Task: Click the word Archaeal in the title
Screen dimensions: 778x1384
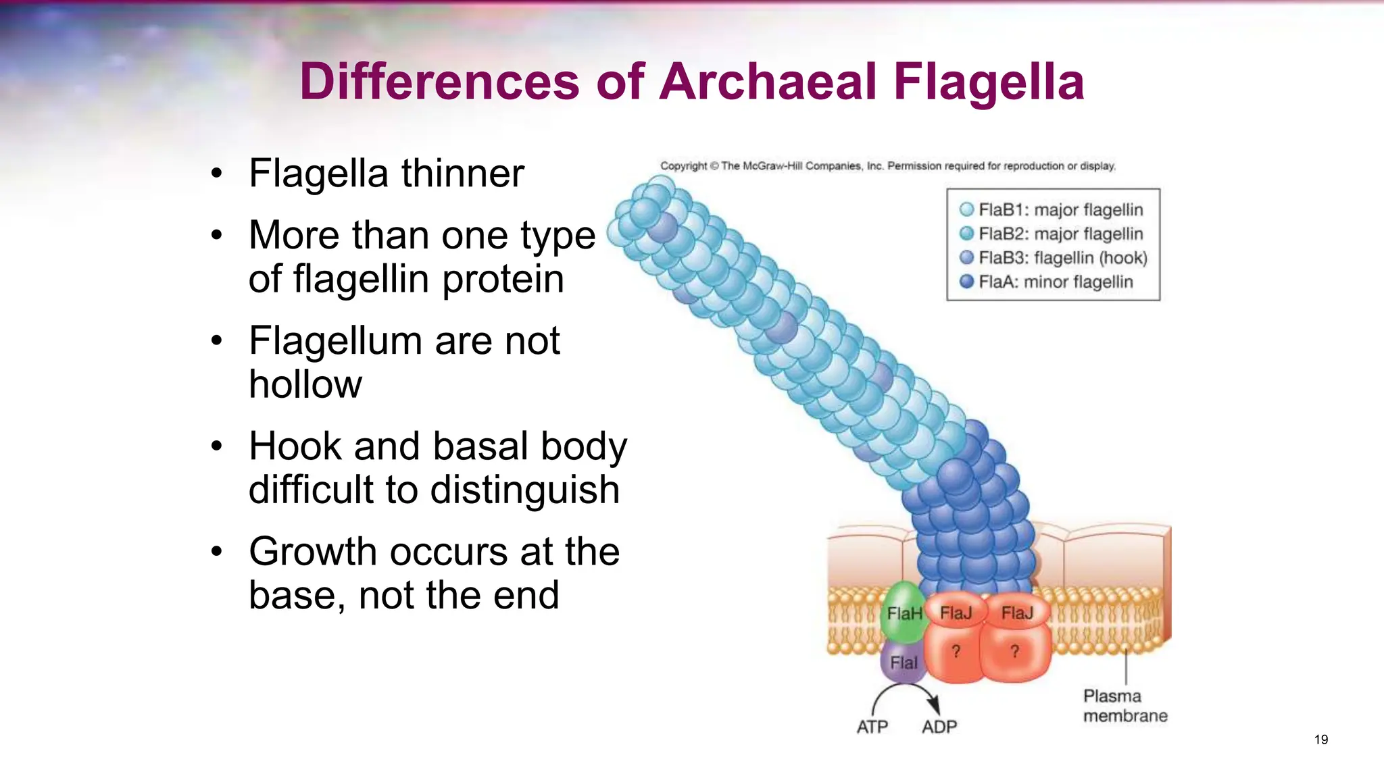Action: [768, 82]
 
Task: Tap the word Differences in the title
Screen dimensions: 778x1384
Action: [439, 82]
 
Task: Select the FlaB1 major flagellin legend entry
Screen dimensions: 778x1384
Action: [1052, 210]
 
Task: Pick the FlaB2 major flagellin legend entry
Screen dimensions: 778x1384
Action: [1052, 234]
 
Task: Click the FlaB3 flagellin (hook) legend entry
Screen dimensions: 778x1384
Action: [1054, 258]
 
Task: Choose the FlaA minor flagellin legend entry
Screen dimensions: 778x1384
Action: [1047, 282]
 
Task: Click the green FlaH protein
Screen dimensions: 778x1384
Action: [904, 613]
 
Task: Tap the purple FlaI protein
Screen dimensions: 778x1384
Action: [904, 663]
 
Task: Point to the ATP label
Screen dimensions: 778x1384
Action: [872, 727]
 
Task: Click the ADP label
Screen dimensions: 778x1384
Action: [939, 727]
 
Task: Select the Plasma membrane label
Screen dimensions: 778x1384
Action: [1124, 706]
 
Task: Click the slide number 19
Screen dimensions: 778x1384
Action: [1321, 740]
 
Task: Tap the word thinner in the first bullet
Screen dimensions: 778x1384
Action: [463, 174]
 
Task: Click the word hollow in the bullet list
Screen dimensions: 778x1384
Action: [305, 384]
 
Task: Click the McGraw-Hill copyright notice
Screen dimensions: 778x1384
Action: [887, 166]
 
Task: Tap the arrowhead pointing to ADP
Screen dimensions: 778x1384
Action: [934, 704]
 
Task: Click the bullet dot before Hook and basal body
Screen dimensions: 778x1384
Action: [216, 446]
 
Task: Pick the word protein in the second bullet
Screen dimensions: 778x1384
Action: [503, 279]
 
